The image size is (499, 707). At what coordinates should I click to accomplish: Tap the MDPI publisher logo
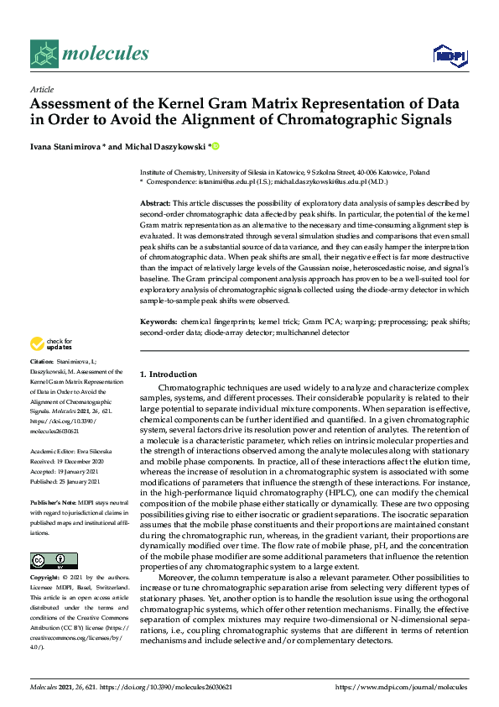pos(449,55)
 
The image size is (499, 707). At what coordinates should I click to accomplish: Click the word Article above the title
pos(41,89)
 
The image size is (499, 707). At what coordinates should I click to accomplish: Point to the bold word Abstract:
pos(154,204)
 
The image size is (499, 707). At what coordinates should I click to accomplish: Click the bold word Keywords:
pos(158,322)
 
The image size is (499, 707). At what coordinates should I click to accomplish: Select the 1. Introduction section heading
pos(169,374)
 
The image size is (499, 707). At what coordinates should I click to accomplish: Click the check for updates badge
pos(50,343)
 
